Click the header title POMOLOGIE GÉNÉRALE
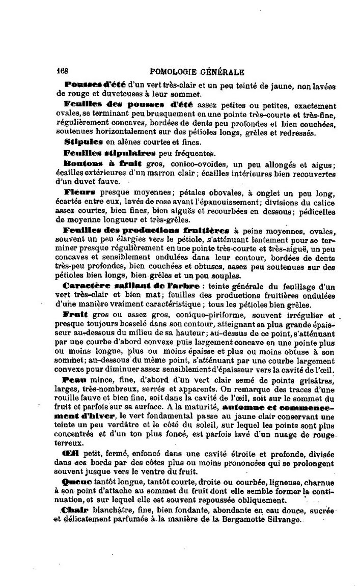[194, 72]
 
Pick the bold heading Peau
[75, 380]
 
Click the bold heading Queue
[78, 481]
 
